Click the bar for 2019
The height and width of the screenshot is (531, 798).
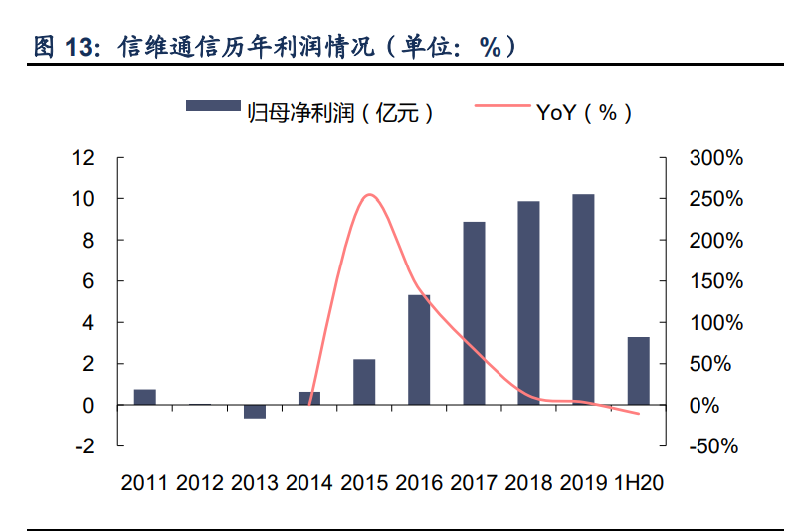[x=583, y=299]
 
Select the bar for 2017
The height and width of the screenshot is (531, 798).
[x=474, y=313]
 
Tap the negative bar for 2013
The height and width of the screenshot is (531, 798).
[x=255, y=412]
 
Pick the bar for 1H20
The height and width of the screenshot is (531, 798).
[x=638, y=371]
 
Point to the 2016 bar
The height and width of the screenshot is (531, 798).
[x=419, y=350]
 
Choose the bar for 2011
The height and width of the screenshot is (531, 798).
[x=145, y=397]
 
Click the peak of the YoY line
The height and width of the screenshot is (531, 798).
[x=369, y=195]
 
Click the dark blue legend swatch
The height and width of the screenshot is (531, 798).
[x=213, y=106]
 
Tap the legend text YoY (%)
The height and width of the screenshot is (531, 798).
[x=584, y=112]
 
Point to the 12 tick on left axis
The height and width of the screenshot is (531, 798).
[x=83, y=158]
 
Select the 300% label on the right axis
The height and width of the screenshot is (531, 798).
[x=715, y=158]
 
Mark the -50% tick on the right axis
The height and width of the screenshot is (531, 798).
[x=715, y=446]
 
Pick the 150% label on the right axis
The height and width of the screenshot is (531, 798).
[x=715, y=281]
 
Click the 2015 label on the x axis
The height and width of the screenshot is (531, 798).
[x=364, y=483]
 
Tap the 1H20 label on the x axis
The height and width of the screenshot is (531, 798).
[x=638, y=483]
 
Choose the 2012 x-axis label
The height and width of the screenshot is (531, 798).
[x=200, y=483]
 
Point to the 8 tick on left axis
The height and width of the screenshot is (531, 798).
[x=88, y=241]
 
